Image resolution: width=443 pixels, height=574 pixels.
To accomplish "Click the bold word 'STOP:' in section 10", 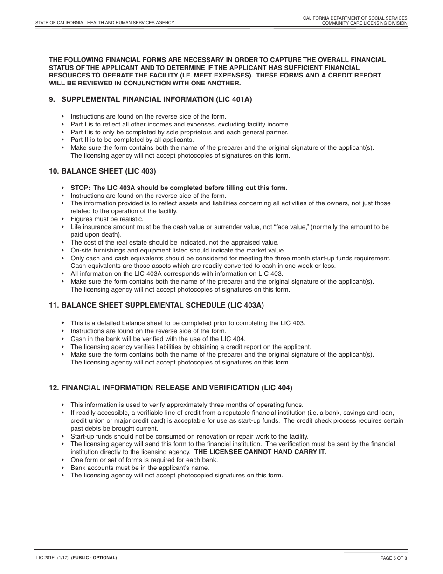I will click(x=80, y=188).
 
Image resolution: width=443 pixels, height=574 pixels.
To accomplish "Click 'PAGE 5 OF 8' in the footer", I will click(x=394, y=558).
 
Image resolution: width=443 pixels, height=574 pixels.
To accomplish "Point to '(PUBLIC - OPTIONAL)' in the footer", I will click(x=94, y=558).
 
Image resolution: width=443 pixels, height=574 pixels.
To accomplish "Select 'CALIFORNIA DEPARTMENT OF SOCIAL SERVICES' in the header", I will click(x=355, y=17).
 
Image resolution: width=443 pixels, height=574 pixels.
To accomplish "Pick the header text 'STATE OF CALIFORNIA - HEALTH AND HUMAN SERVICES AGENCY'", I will click(x=105, y=23).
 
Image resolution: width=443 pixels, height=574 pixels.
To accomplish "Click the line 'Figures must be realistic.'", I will click(x=107, y=219).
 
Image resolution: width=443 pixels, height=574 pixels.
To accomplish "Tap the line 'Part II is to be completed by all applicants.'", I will click(x=132, y=140).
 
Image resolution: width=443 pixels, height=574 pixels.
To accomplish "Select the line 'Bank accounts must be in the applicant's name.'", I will click(x=140, y=468).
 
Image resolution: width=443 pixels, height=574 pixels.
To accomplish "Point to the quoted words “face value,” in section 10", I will click(x=291, y=227).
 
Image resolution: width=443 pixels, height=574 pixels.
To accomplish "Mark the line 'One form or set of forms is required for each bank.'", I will click(x=144, y=460).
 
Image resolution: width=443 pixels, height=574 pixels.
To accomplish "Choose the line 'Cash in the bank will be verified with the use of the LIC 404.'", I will click(x=158, y=339).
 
